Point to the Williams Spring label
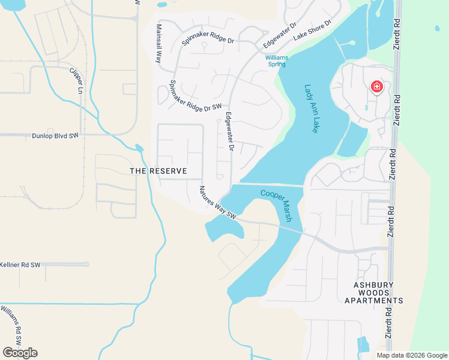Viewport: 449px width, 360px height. pos(277,61)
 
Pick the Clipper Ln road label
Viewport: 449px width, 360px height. pos(76,80)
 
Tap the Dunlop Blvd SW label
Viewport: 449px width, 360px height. pos(55,136)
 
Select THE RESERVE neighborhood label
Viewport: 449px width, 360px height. pos(158,171)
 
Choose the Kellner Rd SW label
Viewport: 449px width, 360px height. pos(20,265)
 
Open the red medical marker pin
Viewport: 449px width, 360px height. pos(377,88)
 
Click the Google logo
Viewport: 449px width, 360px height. pos(20,352)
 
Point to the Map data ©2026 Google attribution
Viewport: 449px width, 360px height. pos(411,355)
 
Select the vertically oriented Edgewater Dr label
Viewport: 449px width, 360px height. pos(229,131)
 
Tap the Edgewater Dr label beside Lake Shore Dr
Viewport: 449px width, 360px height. pos(280,35)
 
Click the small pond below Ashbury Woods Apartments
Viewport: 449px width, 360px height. pos(364,344)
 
